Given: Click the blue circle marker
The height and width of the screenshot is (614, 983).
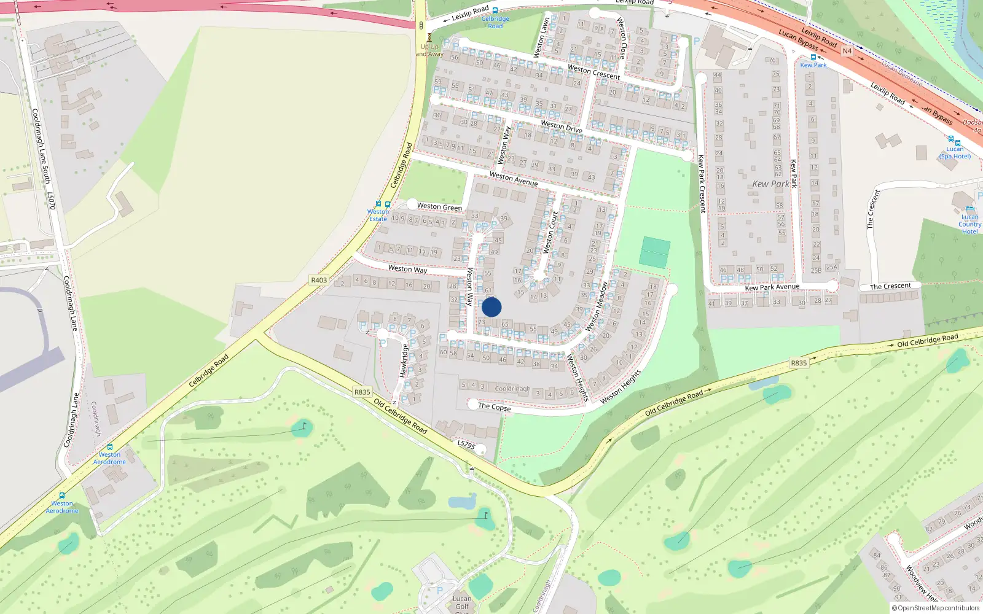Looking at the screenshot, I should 491,307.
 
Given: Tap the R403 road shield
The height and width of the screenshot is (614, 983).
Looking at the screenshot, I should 319,280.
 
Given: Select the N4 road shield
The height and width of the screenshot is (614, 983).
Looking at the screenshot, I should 847,51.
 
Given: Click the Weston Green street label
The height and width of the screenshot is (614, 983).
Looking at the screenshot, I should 439,207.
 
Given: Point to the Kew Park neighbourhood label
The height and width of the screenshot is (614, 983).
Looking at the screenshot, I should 770,184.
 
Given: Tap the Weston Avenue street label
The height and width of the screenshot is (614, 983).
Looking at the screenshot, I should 513,179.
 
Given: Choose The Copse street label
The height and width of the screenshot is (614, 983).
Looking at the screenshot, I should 494,406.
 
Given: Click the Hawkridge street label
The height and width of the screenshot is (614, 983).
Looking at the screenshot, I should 404,360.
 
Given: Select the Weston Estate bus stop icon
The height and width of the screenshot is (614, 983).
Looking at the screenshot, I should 378,204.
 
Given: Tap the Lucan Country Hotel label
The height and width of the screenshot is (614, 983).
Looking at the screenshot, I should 969,224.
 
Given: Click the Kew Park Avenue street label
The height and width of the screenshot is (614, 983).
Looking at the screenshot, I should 772,287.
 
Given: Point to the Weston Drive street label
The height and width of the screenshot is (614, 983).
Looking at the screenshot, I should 561,126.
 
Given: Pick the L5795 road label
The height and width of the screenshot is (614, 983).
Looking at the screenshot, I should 466,444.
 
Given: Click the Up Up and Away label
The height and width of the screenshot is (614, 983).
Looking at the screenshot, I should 429,50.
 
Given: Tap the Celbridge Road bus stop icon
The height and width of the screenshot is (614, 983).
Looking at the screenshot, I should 495,10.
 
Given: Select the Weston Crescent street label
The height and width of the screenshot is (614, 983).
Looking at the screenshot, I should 593,72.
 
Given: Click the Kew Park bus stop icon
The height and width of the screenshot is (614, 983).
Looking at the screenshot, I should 813,57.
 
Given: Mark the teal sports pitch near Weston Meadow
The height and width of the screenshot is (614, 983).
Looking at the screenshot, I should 654,252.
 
